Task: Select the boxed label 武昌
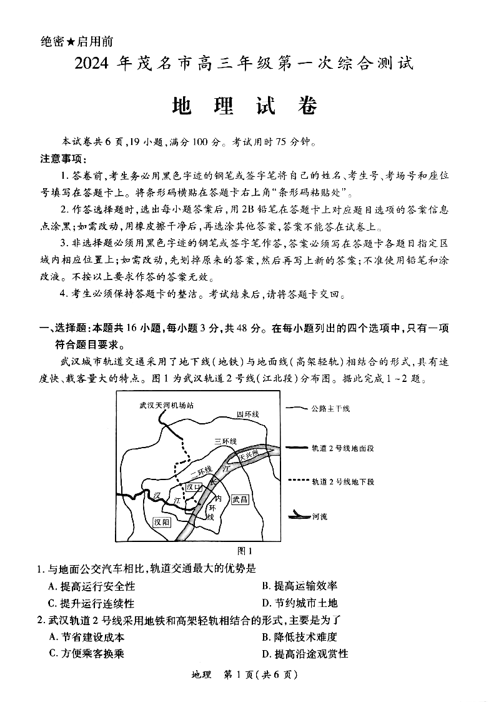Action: [240, 499]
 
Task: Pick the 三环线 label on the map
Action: [226, 441]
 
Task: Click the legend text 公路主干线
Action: [330, 408]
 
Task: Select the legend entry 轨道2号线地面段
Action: [342, 448]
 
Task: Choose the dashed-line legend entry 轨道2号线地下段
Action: [342, 481]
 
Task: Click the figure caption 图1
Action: [245, 551]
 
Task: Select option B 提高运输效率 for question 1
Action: [300, 586]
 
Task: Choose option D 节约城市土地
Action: [300, 603]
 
